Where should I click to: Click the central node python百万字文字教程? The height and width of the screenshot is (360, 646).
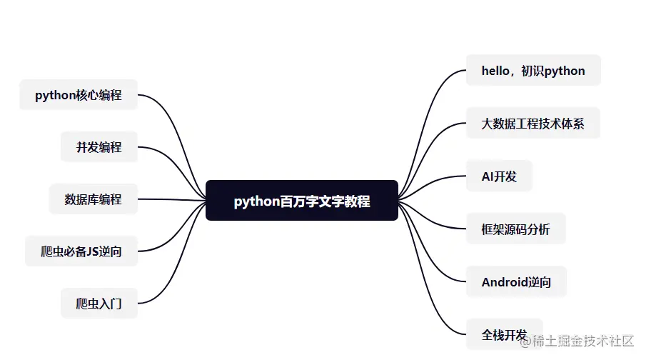pyautogui.click(x=301, y=201)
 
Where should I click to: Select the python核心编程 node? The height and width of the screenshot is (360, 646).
pyautogui.click(x=79, y=95)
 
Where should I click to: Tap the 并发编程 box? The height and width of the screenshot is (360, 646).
pyautogui.click(x=99, y=147)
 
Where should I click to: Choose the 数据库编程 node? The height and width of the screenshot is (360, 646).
pyautogui.click(x=93, y=199)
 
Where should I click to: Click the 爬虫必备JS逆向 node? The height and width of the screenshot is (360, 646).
pyautogui.click(x=81, y=251)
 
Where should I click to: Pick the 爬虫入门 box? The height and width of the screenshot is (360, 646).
pyautogui.click(x=99, y=304)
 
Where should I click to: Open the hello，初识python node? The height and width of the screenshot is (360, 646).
pyautogui.click(x=533, y=71)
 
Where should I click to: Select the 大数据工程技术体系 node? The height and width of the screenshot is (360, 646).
pyautogui.click(x=533, y=124)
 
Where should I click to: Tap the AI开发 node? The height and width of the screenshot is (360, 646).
pyautogui.click(x=499, y=176)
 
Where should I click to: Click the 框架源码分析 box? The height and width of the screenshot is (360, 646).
pyautogui.click(x=515, y=229)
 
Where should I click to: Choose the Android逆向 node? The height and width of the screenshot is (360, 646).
pyautogui.click(x=516, y=282)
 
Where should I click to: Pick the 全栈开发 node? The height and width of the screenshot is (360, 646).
pyautogui.click(x=504, y=334)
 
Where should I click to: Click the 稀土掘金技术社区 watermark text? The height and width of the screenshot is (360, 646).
pyautogui.click(x=577, y=341)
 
